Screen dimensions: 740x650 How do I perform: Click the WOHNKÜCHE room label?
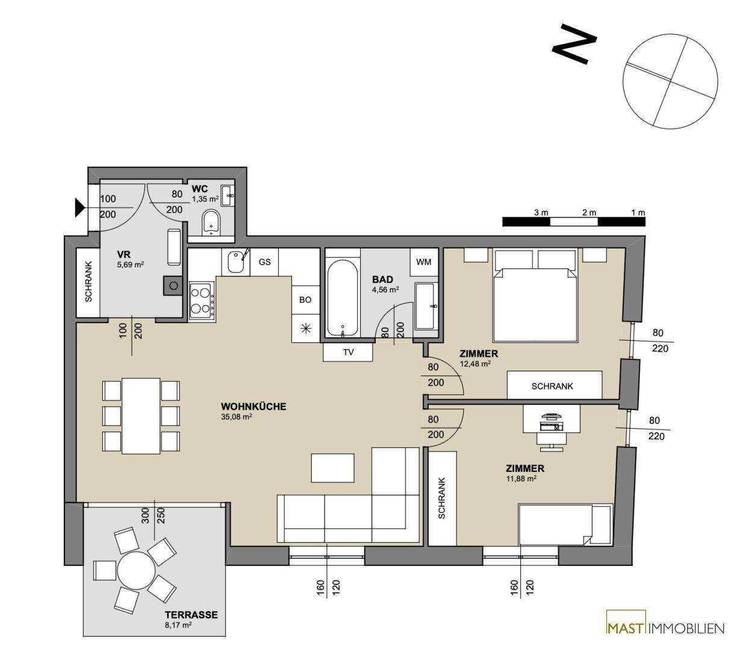253,406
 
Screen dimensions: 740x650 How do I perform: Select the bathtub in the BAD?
342,297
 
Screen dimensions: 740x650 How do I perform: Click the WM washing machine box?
423,262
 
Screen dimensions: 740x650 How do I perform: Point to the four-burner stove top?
201,301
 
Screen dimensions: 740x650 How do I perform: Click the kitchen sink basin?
235,262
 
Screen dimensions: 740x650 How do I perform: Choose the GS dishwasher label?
264,262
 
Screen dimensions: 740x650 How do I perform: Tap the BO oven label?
305,300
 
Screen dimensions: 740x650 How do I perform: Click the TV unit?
348,352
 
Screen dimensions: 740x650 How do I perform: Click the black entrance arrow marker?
79,208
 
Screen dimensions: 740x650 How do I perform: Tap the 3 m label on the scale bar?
541,212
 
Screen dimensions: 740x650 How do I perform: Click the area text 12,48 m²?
475,364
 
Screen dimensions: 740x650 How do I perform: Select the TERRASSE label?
191,614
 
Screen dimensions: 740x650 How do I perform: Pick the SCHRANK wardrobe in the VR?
88,283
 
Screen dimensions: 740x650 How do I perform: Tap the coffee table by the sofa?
332,468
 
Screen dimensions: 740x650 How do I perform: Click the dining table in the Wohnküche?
141,416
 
